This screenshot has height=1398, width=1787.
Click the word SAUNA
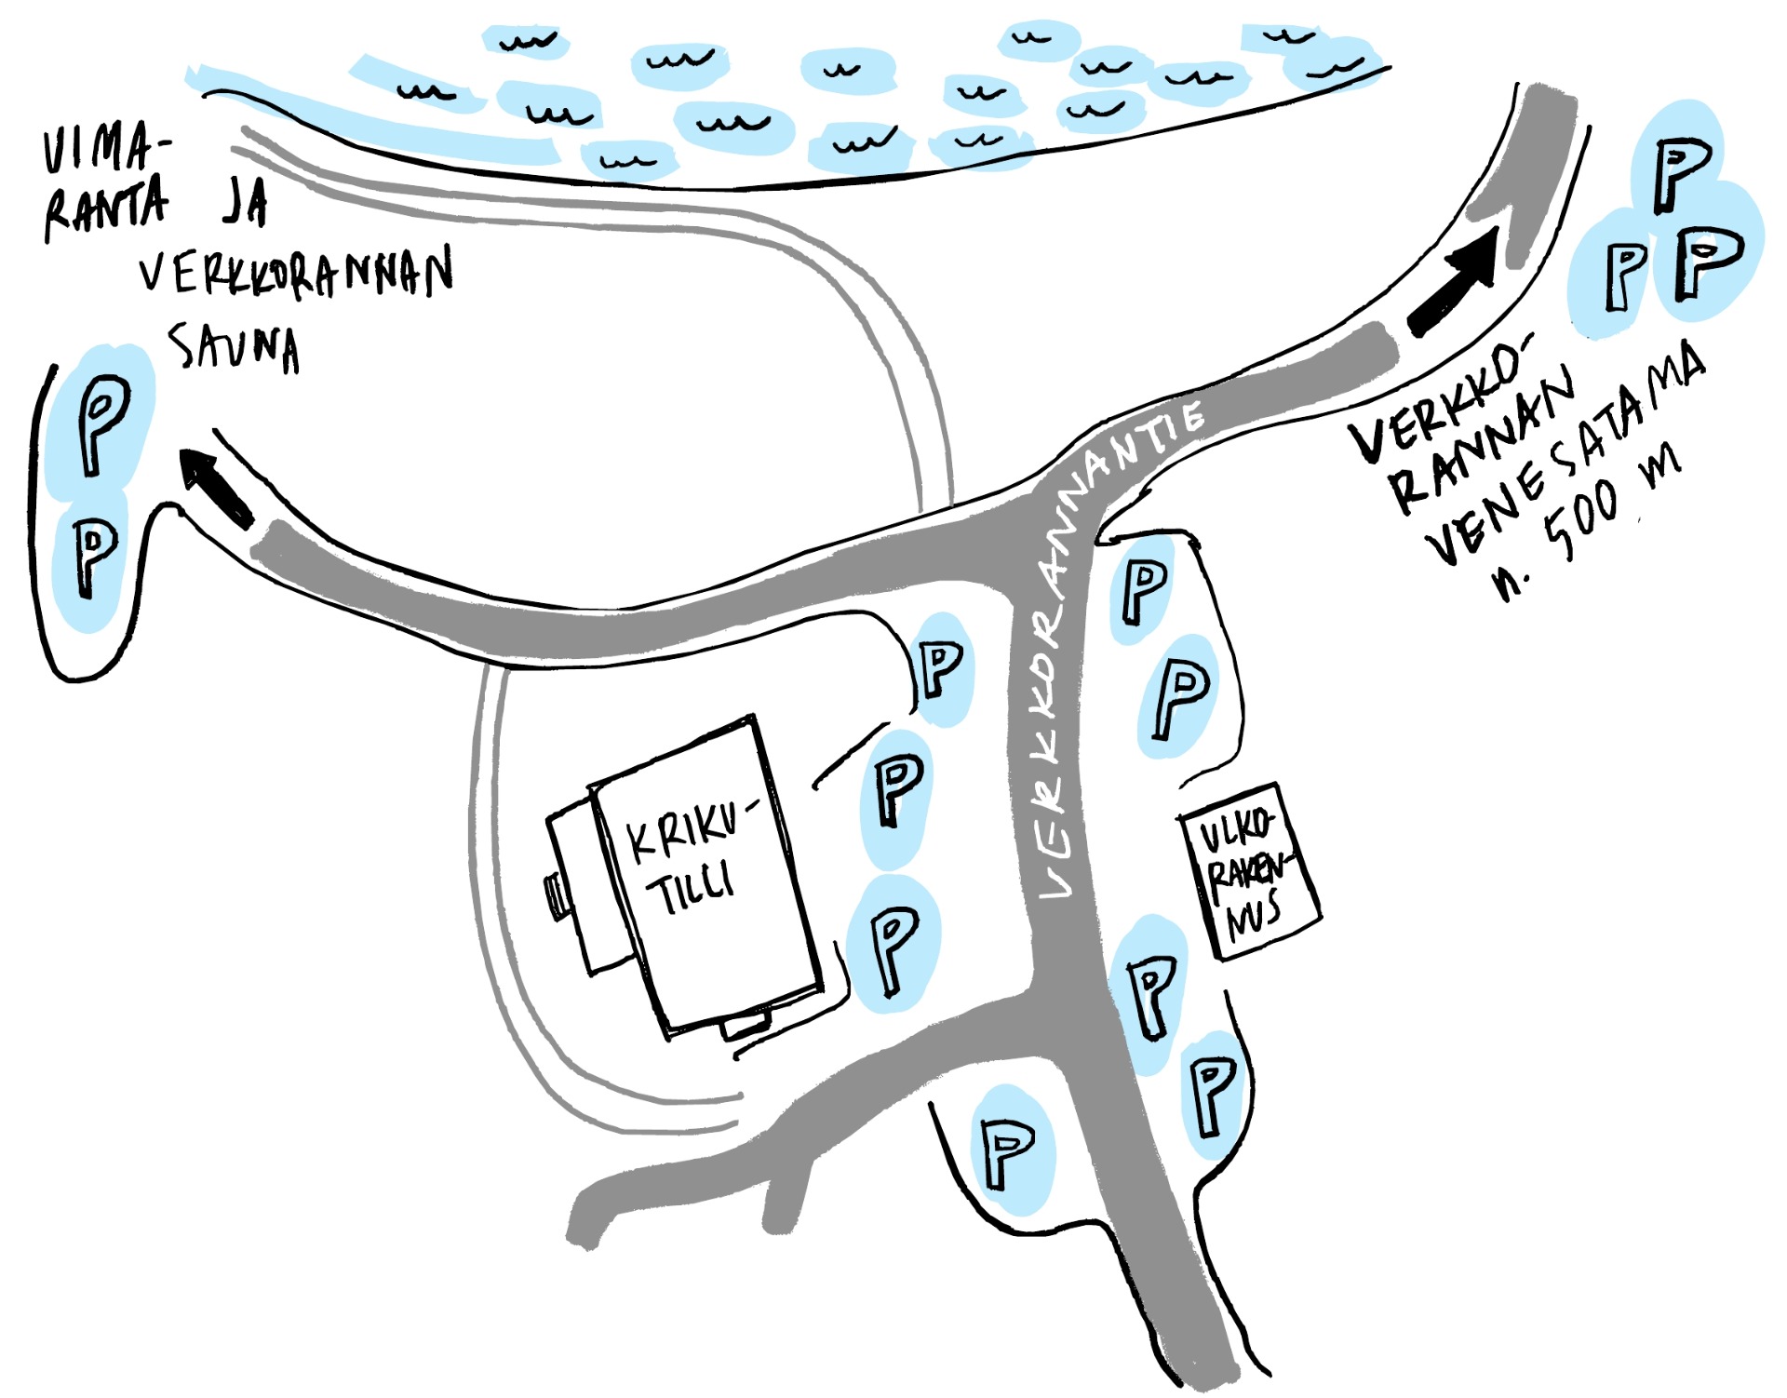point(235,348)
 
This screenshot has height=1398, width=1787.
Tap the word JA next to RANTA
point(244,202)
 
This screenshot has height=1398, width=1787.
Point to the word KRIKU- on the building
point(687,830)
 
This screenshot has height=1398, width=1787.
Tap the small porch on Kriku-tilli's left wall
point(557,896)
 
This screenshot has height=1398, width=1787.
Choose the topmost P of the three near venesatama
point(1680,172)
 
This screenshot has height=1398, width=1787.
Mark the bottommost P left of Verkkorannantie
point(1007,1152)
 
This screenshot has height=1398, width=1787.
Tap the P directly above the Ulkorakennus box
point(1180,698)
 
